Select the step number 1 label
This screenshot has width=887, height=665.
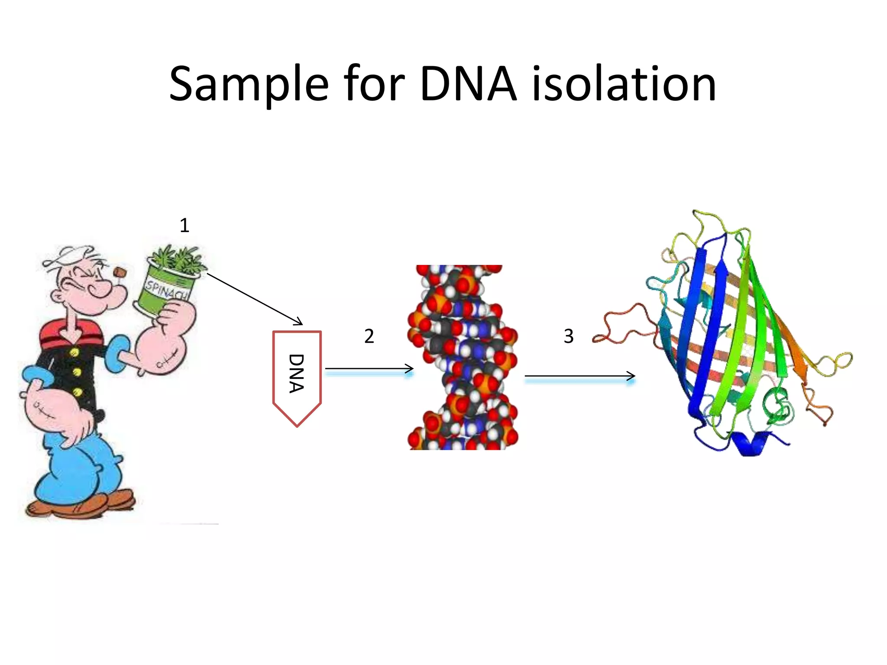click(x=185, y=226)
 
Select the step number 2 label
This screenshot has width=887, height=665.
click(x=369, y=336)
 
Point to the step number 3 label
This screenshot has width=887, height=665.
click(x=568, y=336)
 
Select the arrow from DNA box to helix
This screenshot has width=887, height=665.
click(x=368, y=369)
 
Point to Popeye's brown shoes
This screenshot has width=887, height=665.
click(x=82, y=504)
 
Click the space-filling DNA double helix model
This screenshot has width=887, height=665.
click(x=463, y=357)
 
